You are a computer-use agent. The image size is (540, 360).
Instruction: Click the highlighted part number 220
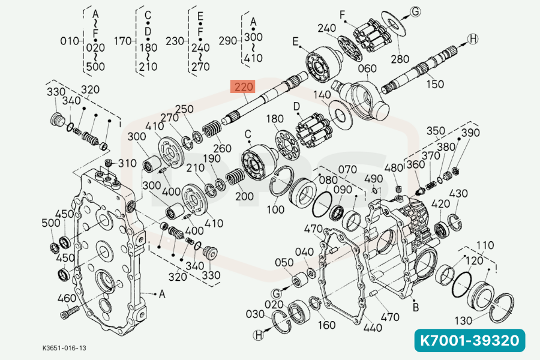click(244, 88)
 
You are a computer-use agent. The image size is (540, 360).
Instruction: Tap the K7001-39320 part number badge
click(469, 341)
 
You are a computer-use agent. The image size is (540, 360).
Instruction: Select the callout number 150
click(435, 85)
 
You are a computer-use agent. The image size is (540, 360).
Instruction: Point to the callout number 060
click(367, 68)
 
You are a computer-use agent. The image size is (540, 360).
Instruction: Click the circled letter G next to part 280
click(415, 11)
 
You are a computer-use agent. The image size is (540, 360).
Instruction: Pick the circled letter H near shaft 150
click(473, 39)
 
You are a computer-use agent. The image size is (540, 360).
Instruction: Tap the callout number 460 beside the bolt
click(66, 298)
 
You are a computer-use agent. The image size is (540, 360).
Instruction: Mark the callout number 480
click(394, 169)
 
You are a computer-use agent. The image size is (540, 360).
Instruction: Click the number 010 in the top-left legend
click(70, 41)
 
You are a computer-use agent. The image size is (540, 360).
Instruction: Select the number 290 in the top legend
click(229, 41)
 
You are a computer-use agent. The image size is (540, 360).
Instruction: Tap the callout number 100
click(276, 209)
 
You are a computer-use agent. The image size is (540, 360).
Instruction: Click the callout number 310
click(127, 163)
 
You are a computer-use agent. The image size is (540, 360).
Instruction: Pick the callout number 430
click(459, 194)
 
